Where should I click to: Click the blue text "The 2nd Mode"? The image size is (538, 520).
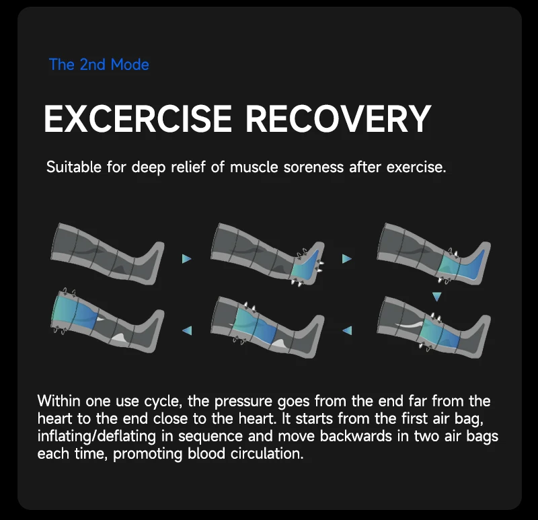(x=99, y=65)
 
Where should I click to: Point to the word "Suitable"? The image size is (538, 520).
(x=72, y=167)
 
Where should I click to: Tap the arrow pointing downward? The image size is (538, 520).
(x=436, y=296)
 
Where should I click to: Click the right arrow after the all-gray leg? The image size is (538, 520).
(x=187, y=258)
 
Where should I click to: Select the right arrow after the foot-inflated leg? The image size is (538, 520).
(x=347, y=258)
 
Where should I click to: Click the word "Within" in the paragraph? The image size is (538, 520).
(x=58, y=402)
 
